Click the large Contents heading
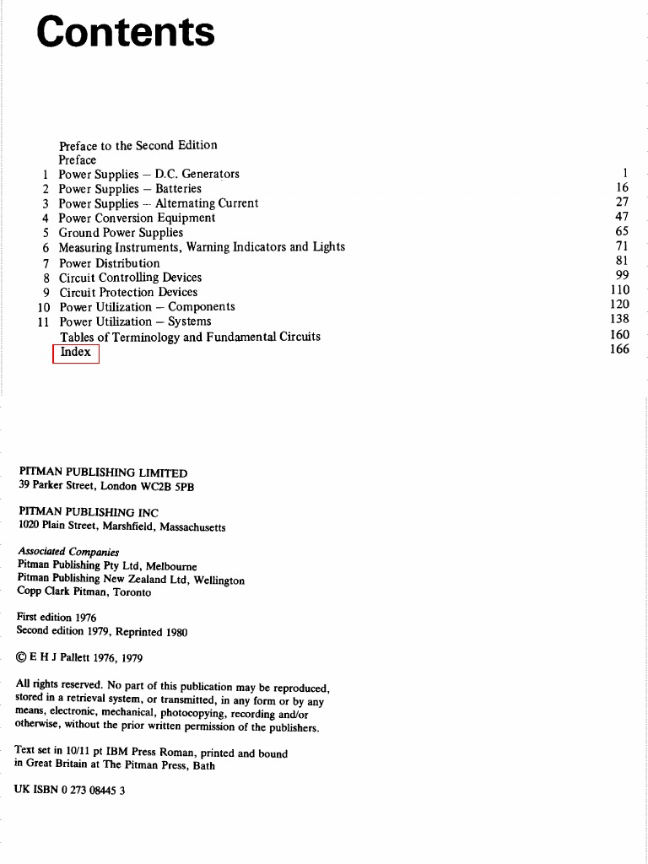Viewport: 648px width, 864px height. [126, 33]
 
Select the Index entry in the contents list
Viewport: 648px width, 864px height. [76, 352]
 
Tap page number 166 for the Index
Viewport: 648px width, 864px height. [619, 349]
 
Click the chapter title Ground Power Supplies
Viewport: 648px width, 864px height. [121, 233]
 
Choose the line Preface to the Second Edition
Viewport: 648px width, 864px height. [138, 145]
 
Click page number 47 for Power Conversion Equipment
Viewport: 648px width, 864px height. [622, 217]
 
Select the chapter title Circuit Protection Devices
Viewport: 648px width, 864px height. [128, 292]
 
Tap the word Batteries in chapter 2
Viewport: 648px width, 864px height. [178, 189]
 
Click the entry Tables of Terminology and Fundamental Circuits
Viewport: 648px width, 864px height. [190, 337]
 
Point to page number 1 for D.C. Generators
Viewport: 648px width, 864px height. [625, 173]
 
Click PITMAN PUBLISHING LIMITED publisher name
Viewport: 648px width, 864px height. [103, 472]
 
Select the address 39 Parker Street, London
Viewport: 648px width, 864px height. [106, 486]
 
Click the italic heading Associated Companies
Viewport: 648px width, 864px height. [68, 552]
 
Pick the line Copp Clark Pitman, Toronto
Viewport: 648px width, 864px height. [84, 592]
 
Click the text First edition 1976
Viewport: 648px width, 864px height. [57, 618]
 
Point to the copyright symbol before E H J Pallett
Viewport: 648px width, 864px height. [22, 658]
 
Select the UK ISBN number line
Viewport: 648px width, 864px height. [70, 791]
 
